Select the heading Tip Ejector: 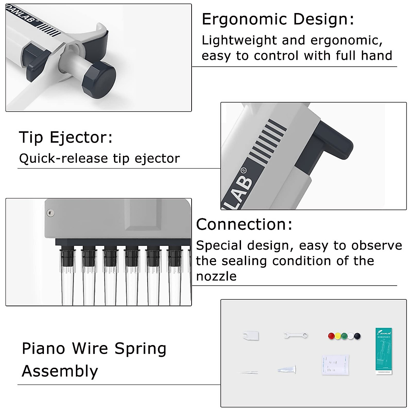(66, 137)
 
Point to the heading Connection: (244, 225)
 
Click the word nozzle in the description (216, 276)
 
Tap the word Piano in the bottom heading (43, 348)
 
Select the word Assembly (60, 371)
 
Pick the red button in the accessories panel (331, 336)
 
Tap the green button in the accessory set (344, 336)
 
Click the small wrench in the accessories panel (296, 335)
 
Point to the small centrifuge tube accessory (287, 370)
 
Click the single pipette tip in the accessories (249, 372)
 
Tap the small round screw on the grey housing (50, 213)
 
